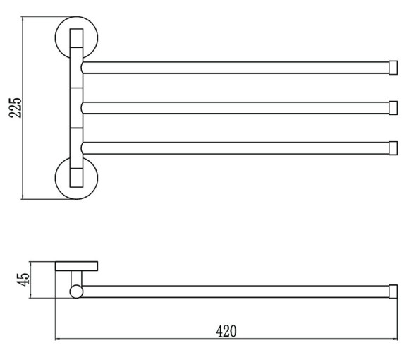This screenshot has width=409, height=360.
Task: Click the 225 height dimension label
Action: [15, 108]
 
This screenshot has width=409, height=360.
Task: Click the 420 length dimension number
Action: [226, 331]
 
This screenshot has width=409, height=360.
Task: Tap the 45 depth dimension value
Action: [23, 280]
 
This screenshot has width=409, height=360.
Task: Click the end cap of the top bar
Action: [393, 68]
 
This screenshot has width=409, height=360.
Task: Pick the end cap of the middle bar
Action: [393, 108]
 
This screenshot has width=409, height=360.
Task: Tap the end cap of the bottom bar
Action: [393, 148]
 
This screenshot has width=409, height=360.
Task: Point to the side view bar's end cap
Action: [393, 292]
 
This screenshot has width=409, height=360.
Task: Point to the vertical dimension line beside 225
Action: [23, 108]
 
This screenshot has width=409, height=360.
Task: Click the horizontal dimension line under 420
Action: [226, 339]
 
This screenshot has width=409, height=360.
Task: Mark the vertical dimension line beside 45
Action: [30, 280]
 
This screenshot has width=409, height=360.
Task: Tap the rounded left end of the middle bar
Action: [82, 108]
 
